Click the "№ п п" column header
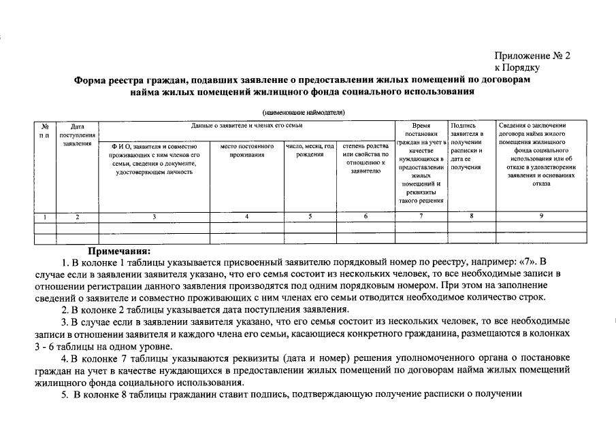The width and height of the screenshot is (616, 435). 44,130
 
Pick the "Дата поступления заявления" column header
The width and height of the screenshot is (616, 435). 78,135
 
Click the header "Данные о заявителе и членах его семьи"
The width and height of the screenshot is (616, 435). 247,126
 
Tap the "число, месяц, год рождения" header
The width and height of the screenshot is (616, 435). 310,150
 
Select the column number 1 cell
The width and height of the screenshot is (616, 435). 44,217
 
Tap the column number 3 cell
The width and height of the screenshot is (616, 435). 154,217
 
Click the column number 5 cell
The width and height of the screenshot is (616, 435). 310,217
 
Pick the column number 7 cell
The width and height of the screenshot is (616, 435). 421,217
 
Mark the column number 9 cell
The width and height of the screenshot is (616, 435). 541,217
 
